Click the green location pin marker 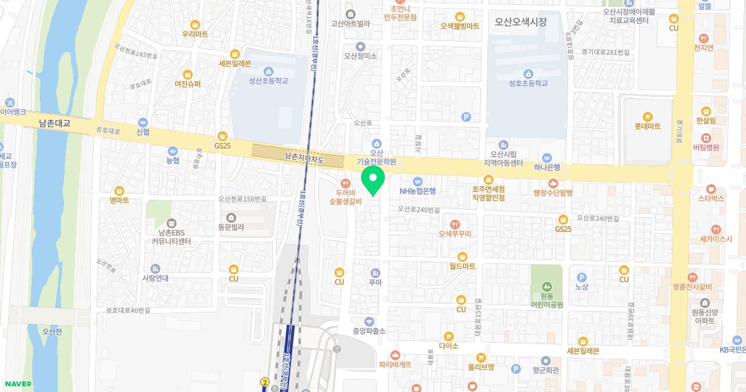373,180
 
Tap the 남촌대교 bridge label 54,124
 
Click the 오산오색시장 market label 521,22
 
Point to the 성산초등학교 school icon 269,71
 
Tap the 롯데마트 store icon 647,116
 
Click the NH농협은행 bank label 418,191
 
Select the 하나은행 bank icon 547,158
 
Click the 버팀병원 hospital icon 706,138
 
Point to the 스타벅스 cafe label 711,198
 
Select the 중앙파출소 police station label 369,331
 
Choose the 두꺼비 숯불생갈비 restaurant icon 348,174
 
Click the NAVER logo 17,384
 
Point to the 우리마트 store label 195,34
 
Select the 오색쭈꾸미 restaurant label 455,233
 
